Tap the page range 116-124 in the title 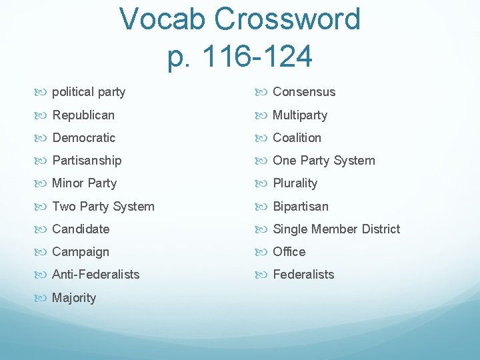tap(257, 57)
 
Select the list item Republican tap(83, 115)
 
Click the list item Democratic tap(83, 138)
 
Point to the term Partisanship tap(87, 161)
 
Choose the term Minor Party tap(84, 183)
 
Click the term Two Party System tap(103, 207)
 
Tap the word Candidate tap(80, 229)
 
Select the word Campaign tap(80, 252)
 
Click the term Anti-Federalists tap(95, 275)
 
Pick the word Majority tap(74, 298)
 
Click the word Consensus tap(304, 92)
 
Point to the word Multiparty tap(300, 115)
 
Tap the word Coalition tap(297, 138)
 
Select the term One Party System tap(324, 161)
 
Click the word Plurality tap(295, 183)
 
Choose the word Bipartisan tap(301, 207)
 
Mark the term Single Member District tap(336, 229)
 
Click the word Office tap(289, 252)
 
